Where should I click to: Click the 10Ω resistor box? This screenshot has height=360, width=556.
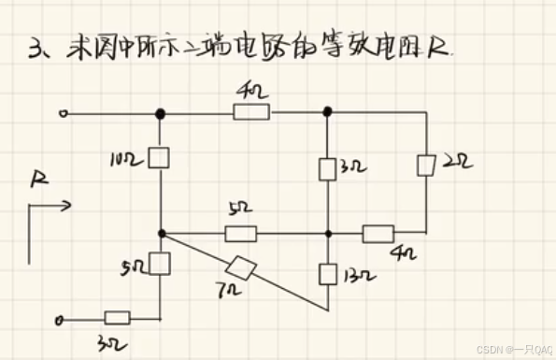tap(160, 156)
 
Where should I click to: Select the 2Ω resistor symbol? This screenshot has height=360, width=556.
tap(425, 166)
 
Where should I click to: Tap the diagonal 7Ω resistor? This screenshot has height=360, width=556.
tap(245, 267)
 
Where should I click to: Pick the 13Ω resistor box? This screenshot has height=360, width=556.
tap(327, 273)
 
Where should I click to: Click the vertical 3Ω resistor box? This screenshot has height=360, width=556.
tap(327, 168)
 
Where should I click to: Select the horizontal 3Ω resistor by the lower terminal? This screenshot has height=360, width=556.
tap(117, 318)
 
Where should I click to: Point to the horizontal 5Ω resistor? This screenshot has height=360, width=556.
tap(241, 233)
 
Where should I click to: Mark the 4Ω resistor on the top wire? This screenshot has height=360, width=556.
tap(251, 113)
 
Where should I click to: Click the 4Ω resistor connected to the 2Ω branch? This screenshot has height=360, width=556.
tap(378, 233)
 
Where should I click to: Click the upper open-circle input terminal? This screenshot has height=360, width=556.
tap(63, 114)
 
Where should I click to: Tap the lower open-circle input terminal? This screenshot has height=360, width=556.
tap(62, 321)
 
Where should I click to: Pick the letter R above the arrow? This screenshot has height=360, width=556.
tap(38, 178)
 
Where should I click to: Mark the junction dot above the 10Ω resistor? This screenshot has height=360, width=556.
tap(161, 113)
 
